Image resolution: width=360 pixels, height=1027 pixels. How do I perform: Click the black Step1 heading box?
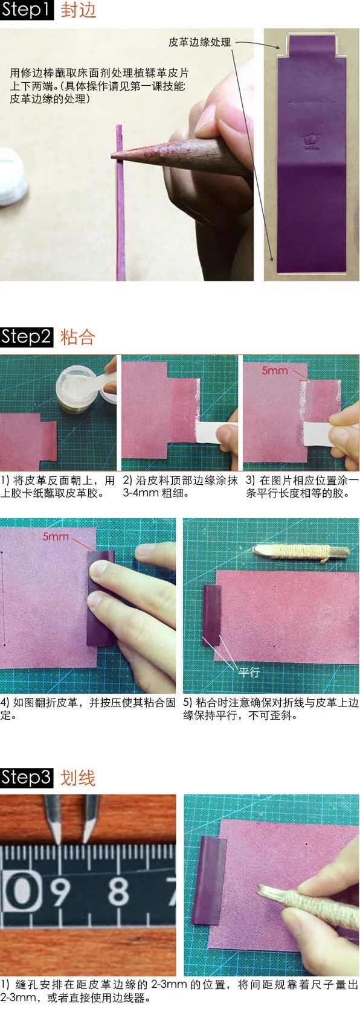(27, 10)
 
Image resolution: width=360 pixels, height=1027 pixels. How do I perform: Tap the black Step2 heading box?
(27, 336)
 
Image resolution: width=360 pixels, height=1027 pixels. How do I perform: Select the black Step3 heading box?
(27, 777)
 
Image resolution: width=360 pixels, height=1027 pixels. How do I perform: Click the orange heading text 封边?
(78, 11)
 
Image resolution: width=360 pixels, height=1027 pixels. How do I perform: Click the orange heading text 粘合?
(78, 337)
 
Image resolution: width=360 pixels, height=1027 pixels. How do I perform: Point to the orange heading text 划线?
(78, 778)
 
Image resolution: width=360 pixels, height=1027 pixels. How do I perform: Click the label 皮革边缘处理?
(199, 42)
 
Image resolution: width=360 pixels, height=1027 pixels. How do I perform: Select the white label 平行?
(249, 672)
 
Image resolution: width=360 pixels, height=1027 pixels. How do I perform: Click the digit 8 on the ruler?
(118, 891)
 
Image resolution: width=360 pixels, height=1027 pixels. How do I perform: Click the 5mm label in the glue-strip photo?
(274, 370)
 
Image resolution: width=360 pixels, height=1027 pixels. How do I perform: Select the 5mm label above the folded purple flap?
(56, 536)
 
